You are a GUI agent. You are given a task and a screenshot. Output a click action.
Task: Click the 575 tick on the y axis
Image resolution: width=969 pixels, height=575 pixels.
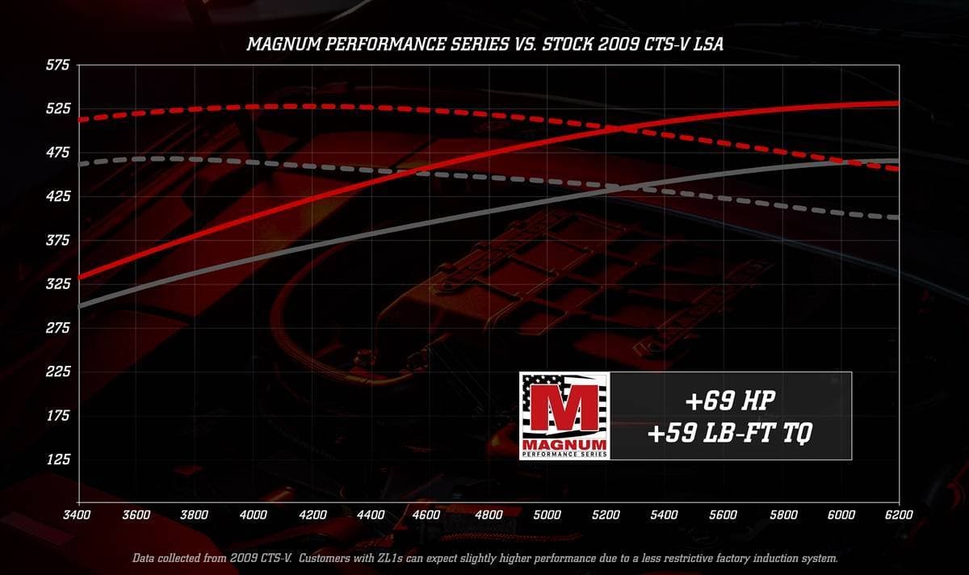[x=58, y=65]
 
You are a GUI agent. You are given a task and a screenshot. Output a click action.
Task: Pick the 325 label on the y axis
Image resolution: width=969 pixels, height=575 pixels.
[x=58, y=284]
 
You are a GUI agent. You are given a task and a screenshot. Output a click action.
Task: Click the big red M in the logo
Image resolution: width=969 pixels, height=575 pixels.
[x=564, y=407]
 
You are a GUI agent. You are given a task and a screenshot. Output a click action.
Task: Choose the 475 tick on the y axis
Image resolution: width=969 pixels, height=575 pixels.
[x=58, y=153]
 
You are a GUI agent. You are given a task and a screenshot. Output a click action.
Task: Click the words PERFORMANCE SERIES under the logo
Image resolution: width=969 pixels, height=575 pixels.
[x=564, y=455]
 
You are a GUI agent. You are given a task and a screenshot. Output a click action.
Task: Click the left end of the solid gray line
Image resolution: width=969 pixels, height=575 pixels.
[x=79, y=307]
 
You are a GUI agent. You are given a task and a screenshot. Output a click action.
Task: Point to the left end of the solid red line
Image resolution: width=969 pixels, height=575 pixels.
[x=79, y=277]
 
